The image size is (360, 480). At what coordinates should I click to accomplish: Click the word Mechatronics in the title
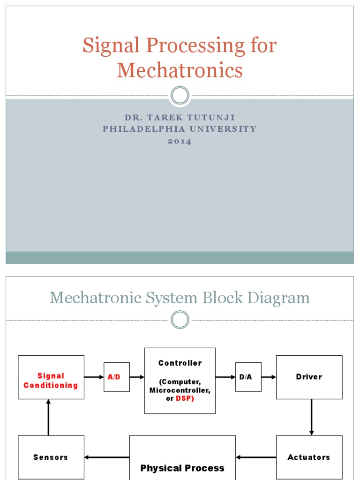180,70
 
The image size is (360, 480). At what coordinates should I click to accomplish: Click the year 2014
180,141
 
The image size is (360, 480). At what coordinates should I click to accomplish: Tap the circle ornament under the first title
180,96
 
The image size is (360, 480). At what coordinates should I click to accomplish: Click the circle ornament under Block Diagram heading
180,320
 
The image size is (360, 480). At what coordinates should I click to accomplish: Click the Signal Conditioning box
51,377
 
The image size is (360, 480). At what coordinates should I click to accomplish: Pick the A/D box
116,377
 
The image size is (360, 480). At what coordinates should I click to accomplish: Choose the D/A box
248,377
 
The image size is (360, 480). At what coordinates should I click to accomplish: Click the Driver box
309,377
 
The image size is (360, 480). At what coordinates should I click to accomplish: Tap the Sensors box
51,457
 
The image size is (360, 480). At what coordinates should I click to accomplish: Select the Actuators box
309,457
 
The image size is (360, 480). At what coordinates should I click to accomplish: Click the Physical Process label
182,468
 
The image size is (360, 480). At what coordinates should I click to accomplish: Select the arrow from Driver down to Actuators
311,417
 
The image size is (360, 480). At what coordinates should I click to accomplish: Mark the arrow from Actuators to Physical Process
256,457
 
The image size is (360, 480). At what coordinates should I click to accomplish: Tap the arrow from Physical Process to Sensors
107,457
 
